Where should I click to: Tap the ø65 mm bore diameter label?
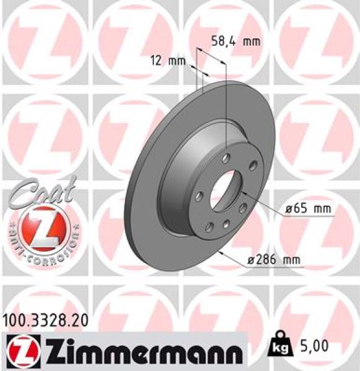point(308,209)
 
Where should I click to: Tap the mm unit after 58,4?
point(251,42)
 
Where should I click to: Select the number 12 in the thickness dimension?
point(156,61)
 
